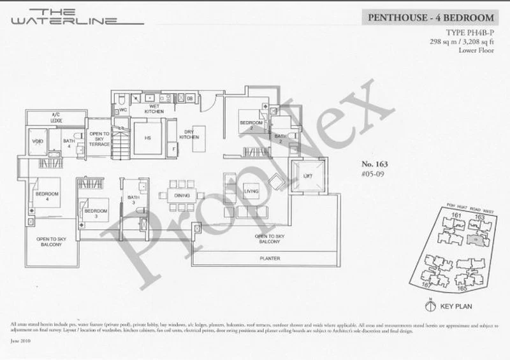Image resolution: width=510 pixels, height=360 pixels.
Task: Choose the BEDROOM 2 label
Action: [251, 125]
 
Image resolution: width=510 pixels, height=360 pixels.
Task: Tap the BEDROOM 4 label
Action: [47, 196]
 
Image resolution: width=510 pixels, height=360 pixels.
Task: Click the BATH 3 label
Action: [132, 200]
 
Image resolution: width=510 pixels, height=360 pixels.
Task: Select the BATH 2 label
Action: [280, 139]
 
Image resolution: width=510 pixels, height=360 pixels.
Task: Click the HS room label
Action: [147, 136]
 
